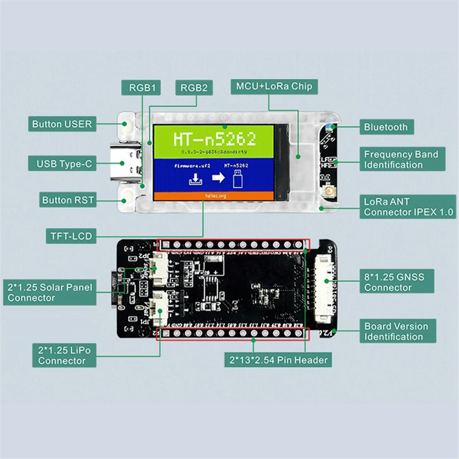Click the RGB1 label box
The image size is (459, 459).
coord(142,88)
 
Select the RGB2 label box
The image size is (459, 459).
coord(194,88)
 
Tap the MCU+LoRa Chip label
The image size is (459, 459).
coord(274,86)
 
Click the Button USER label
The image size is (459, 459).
coord(62,124)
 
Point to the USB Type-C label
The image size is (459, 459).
coord(64,164)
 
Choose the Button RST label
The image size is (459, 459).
coord(68,200)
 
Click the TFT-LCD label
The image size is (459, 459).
coord(71,236)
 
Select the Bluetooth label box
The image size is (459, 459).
coord(386,127)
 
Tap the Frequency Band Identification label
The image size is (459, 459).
coord(401,160)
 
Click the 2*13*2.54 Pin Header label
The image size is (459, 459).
coord(278,360)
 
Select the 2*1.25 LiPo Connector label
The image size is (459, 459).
coord(64,355)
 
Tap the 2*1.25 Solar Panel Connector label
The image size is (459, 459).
coord(50,293)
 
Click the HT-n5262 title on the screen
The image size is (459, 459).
coord(214,139)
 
